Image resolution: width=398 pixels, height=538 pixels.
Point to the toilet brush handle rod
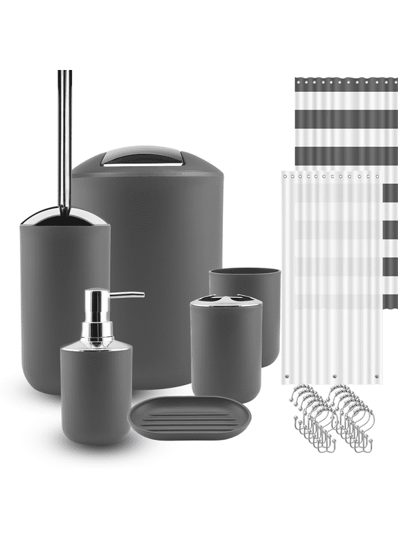pos(65,137)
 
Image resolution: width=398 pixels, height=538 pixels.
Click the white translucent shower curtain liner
pos(329,288)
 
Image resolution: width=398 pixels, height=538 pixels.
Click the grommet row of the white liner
pos(329,176)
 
